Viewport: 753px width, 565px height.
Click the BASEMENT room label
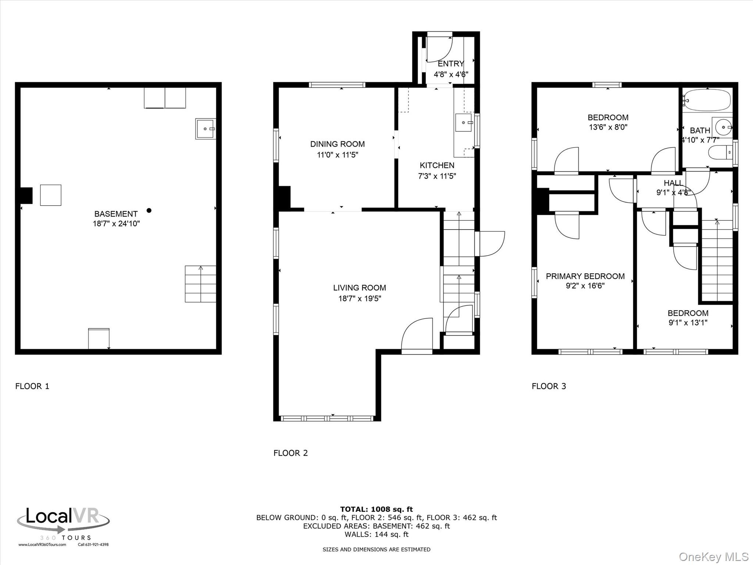[x=116, y=214]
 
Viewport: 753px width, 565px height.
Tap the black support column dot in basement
[x=149, y=210]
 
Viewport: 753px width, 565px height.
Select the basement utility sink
[x=205, y=129]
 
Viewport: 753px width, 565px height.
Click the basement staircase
[x=200, y=284]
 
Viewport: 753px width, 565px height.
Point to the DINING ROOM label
[x=337, y=144]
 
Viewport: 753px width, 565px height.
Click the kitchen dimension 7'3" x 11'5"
[x=437, y=176]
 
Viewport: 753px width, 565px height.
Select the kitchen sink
[x=463, y=122]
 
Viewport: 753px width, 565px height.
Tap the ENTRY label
[x=450, y=64]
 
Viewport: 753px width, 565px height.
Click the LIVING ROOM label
[x=359, y=288]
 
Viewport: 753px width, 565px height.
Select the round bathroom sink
[x=723, y=127]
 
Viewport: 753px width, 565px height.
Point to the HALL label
[x=673, y=183]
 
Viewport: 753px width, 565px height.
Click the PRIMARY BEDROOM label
[x=585, y=276]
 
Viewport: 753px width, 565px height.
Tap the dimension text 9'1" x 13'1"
[x=688, y=323]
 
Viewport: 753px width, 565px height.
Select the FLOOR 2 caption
[x=290, y=453]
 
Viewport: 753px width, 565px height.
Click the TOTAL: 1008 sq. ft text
[x=376, y=509]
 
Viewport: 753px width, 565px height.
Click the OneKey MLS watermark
[x=713, y=557]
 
